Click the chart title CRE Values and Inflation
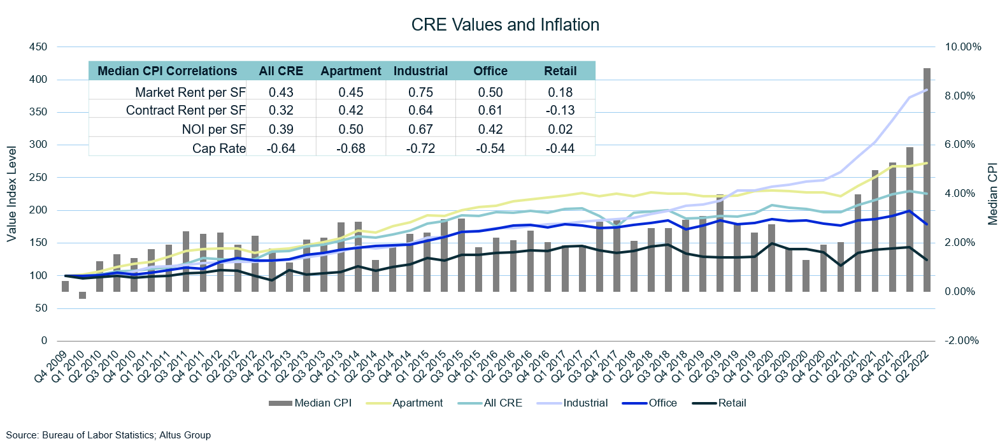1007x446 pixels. pos(505,25)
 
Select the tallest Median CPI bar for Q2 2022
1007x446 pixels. pos(927,178)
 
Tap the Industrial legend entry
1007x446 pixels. pos(585,403)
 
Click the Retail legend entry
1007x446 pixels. pos(732,403)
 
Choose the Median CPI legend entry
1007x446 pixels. pos(322,403)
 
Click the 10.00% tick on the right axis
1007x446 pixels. pos(963,47)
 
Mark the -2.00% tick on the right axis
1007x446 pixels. pos(962,341)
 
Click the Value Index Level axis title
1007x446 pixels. pos(11,194)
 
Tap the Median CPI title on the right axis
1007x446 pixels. pos(993,194)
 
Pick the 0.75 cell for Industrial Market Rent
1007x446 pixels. pos(420,92)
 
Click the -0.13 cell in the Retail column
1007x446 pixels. pos(560,110)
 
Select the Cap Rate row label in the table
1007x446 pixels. pos(218,148)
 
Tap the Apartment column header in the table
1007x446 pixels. pos(350,71)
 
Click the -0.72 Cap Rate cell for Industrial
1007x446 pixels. pos(420,148)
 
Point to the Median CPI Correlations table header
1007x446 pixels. pos(167,71)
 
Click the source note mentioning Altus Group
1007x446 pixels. pos(108,435)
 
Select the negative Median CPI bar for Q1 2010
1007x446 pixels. pos(82,295)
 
